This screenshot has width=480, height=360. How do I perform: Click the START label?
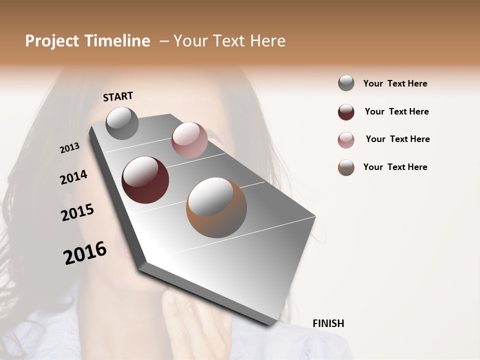coord(118,96)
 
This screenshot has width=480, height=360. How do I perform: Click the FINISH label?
coord(328,323)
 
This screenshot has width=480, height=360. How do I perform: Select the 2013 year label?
coord(70,147)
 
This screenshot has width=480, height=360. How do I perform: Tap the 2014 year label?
coord(74,177)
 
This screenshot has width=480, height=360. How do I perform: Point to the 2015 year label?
coord(77,212)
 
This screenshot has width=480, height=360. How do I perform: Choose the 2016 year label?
coord(85,253)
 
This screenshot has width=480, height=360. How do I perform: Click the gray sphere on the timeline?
coord(122,123)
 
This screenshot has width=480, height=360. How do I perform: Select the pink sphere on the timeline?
coord(189,139)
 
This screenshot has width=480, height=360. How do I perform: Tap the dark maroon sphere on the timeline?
coord(145,180)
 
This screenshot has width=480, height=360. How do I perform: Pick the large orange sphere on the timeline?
coord(216,207)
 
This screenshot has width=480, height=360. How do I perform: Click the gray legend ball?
coord(346,83)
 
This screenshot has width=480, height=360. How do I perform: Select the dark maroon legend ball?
coord(346,112)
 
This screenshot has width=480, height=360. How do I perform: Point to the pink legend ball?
coord(346,140)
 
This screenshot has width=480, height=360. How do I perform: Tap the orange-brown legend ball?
coord(346,167)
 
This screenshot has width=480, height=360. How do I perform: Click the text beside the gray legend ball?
coord(395,83)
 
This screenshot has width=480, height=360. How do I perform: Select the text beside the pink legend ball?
coord(397,139)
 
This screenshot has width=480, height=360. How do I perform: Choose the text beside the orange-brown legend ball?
coord(395,167)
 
